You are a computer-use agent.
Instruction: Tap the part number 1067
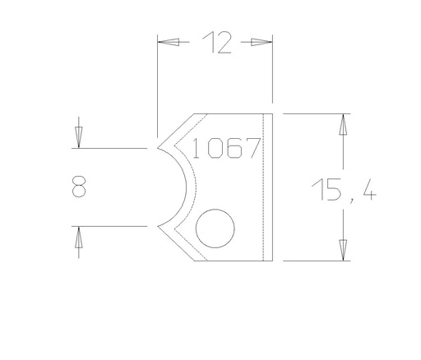click(226, 149)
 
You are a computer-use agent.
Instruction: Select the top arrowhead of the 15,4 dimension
click(343, 124)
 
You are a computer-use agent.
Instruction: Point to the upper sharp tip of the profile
click(159, 149)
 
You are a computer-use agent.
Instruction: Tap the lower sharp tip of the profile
click(159, 225)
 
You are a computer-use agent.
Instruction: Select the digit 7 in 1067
click(253, 149)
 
